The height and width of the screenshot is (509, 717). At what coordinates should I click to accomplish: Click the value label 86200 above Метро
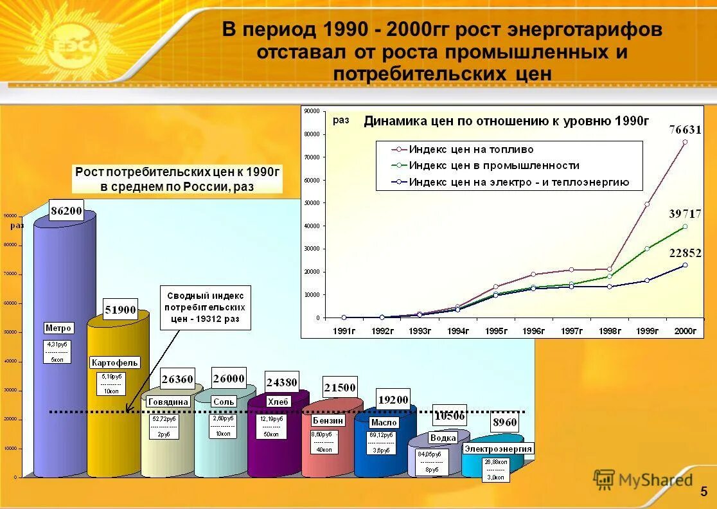pos(67,210)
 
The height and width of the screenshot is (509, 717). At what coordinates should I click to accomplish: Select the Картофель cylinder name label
pos(115,362)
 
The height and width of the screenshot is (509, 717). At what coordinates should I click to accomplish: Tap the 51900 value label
pos(120,310)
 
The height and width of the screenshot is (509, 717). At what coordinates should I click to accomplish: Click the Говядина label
pos(168,402)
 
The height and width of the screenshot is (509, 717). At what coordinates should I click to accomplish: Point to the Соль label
pos(224,402)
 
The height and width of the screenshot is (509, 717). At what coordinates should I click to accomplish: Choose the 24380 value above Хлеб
pos(282,382)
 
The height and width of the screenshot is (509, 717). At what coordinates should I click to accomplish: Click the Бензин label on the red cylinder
pos(328,420)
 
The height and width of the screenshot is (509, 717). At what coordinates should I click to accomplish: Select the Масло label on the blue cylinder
pos(384,422)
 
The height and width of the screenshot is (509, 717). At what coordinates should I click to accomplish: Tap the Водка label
pos(443,438)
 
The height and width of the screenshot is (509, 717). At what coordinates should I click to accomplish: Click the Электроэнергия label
pos(499,448)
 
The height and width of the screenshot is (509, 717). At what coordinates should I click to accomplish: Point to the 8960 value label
pos(504,423)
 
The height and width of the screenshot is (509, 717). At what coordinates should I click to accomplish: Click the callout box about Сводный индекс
pos(205,308)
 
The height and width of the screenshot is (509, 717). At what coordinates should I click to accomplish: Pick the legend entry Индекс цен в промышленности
pos(493,166)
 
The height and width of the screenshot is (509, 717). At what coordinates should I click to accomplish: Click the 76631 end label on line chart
pos(685,129)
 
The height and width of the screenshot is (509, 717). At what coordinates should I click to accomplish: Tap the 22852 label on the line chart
pos(685,253)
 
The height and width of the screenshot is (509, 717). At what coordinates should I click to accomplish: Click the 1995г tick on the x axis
pos(496,331)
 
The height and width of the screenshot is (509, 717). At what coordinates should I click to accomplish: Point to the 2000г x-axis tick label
pos(685,331)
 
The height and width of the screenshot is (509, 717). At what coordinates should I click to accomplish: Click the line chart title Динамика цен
pos(506,121)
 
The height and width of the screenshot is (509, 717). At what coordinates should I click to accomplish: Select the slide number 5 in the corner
pos(704,492)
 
